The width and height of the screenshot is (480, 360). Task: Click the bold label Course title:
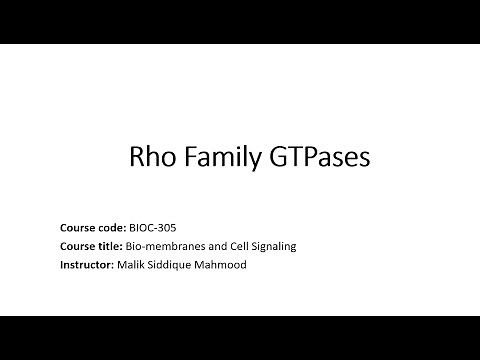[91, 245]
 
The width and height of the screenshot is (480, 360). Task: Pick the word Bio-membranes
[160, 245]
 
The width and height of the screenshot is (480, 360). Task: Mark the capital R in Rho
[139, 157]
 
